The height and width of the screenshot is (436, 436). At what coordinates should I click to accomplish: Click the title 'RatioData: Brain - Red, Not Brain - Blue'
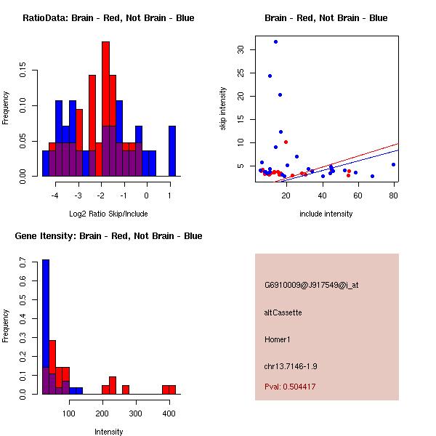pos(108,18)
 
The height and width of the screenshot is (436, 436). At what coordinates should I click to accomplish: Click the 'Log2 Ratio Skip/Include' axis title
pos(108,214)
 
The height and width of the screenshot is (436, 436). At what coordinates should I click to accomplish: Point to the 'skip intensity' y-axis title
pos(223,109)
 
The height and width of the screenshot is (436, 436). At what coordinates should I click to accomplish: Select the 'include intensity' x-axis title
pos(326,214)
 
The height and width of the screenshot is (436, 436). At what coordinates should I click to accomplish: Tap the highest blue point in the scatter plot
pos(275,41)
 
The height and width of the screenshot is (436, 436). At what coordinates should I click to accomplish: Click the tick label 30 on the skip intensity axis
pos(241,49)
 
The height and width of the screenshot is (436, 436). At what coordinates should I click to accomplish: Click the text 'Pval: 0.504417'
pos(290,387)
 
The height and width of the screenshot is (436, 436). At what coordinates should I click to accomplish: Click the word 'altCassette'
pos(283,312)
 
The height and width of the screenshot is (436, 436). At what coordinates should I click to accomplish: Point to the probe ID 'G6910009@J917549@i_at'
pos(311,285)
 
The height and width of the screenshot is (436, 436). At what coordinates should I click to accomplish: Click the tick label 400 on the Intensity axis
pos(169,413)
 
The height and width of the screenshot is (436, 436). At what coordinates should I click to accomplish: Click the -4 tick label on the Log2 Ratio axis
pos(54,194)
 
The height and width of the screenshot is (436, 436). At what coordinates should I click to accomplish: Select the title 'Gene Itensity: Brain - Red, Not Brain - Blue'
pos(108,236)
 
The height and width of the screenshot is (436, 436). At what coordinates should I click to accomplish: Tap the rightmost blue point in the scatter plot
pos(393,164)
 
